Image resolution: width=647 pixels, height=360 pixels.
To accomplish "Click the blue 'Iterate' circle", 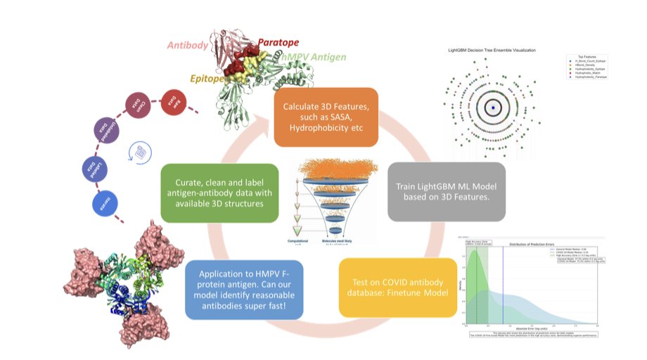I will click(x=105, y=205).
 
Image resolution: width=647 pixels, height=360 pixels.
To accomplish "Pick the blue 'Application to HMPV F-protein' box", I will click(x=244, y=288).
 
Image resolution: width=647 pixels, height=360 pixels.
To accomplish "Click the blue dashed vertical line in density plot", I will click(x=503, y=288).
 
